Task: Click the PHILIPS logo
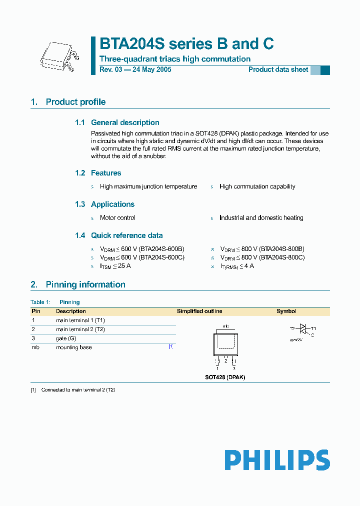point(276,460)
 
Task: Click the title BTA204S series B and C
point(186,44)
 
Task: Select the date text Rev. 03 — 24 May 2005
point(135,70)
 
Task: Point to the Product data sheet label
point(278,70)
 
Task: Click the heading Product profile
point(75,102)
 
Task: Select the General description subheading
point(125,122)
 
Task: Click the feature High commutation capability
point(257,186)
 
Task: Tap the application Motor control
point(117,218)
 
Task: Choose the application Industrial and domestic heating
point(261,218)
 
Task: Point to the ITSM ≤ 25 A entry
point(115,266)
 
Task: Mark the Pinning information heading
point(85,284)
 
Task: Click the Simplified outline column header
point(199,311)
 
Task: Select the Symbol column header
point(286,311)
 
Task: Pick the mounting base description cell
point(73,347)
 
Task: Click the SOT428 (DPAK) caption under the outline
point(225,377)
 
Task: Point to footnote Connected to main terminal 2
point(78,389)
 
